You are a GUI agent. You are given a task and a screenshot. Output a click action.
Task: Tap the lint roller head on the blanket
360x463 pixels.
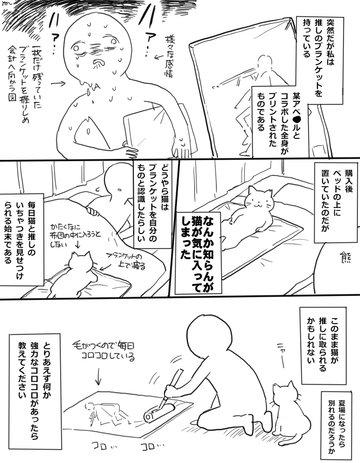159,413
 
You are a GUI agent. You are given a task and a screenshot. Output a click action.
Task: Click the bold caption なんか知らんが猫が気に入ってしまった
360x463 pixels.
199,253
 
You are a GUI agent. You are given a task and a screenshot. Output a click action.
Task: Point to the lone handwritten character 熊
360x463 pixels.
345,258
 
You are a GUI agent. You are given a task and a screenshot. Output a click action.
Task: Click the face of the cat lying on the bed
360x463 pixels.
257,200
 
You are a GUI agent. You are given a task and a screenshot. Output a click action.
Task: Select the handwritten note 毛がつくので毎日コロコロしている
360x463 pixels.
104,350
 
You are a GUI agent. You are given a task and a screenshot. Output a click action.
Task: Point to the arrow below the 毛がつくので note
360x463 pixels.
98,377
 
